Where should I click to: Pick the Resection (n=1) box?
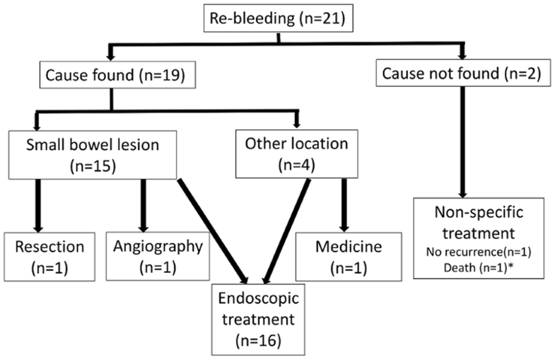click(47, 255)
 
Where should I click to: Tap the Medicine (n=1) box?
click(344, 255)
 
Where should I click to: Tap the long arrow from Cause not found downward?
click(463, 141)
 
